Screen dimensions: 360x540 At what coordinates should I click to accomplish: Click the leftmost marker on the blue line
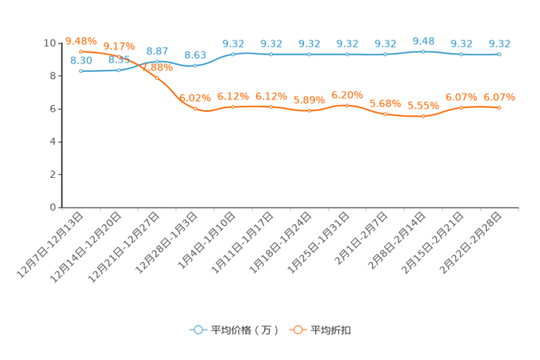(81, 70)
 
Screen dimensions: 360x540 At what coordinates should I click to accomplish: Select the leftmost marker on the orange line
(81, 51)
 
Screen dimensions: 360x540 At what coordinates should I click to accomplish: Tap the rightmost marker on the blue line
(499, 54)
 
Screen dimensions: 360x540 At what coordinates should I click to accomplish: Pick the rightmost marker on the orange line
(499, 107)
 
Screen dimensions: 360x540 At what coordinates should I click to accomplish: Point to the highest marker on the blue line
(423, 52)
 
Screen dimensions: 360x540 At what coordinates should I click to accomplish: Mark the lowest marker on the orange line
(423, 116)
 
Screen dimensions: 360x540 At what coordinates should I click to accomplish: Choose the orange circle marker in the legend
(298, 330)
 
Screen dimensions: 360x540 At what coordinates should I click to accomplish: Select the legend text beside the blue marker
(245, 330)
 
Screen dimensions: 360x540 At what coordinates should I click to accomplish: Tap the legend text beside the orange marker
(332, 330)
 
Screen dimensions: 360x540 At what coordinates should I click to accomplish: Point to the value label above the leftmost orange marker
(81, 41)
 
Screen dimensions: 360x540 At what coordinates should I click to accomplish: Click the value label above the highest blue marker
(423, 41)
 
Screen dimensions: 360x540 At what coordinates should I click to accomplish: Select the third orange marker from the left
(157, 77)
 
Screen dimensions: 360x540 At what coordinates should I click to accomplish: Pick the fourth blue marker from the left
(195, 65)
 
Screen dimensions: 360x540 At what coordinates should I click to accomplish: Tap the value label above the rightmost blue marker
(499, 44)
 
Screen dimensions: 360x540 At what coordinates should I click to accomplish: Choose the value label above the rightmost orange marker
(499, 97)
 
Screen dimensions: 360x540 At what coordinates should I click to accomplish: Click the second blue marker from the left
(119, 70)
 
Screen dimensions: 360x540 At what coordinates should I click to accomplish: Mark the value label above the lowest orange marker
(423, 106)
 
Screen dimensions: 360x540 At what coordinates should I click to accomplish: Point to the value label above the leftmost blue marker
(81, 60)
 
